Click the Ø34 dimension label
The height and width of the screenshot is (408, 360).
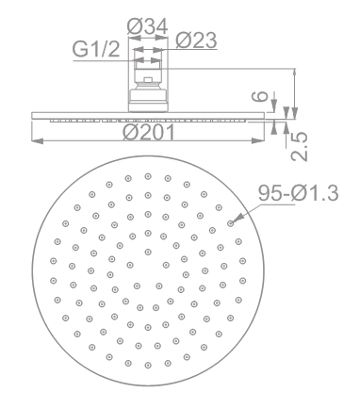pos(147,26)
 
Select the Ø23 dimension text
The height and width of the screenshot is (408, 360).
pos(196,41)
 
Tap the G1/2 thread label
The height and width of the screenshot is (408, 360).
pos(96,49)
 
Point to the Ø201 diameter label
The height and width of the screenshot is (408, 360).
pos(149,132)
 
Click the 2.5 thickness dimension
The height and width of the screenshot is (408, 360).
pos(299,147)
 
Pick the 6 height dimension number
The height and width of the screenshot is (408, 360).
pos(261,96)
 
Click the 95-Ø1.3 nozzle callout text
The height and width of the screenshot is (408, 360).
pos(299,193)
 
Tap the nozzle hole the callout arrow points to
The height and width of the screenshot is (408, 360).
pos(230,223)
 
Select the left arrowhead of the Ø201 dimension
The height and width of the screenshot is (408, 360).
pos(37,141)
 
